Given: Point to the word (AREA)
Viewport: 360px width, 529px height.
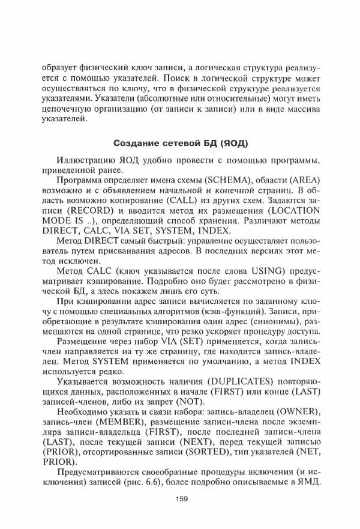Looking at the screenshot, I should point(303,180).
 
